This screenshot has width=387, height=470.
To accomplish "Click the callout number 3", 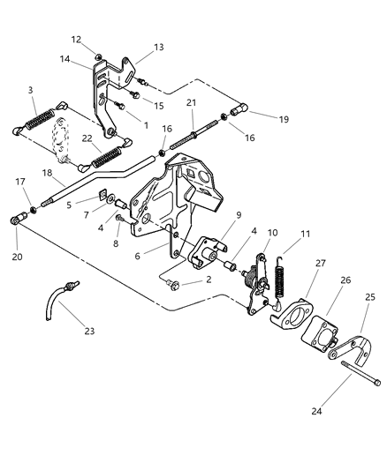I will [x=31, y=90].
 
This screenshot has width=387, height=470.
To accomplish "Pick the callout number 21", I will [x=190, y=103].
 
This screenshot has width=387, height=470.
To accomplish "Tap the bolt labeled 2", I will [x=174, y=283].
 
